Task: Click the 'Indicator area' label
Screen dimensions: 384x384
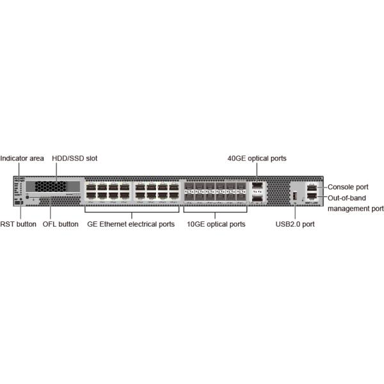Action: click(22, 158)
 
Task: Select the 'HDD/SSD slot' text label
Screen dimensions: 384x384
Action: click(74, 158)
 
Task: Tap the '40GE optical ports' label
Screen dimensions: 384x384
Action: click(257, 158)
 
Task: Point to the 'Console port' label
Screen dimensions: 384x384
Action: click(348, 187)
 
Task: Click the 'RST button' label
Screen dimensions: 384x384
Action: click(18, 225)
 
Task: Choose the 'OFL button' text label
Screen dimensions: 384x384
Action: click(60, 225)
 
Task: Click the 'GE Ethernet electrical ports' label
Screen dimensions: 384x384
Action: click(131, 225)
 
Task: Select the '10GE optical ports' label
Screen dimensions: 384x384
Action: click(216, 225)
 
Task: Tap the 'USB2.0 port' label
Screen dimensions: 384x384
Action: click(294, 225)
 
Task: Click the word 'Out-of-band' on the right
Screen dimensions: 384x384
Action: click(346, 198)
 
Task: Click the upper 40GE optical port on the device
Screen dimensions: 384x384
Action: click(257, 188)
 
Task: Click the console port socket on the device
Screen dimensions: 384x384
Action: click(312, 187)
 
